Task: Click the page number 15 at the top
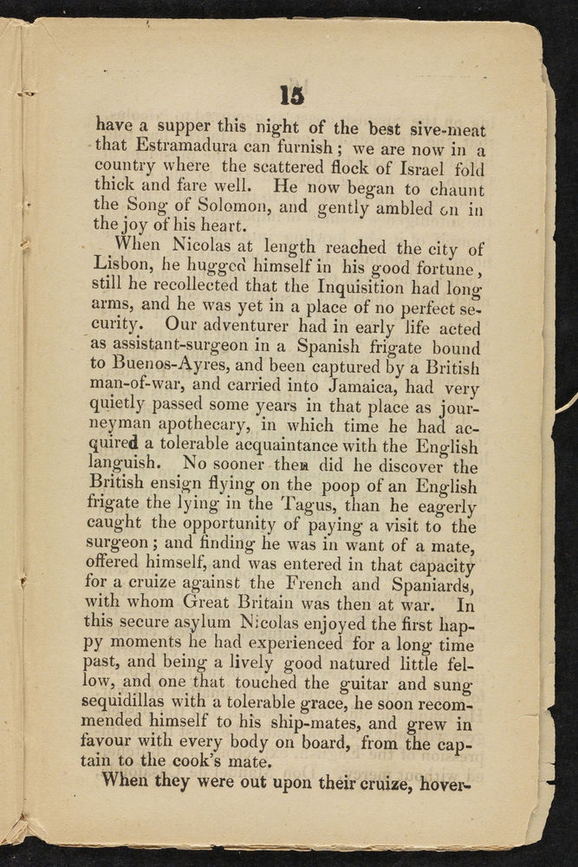point(289,93)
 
